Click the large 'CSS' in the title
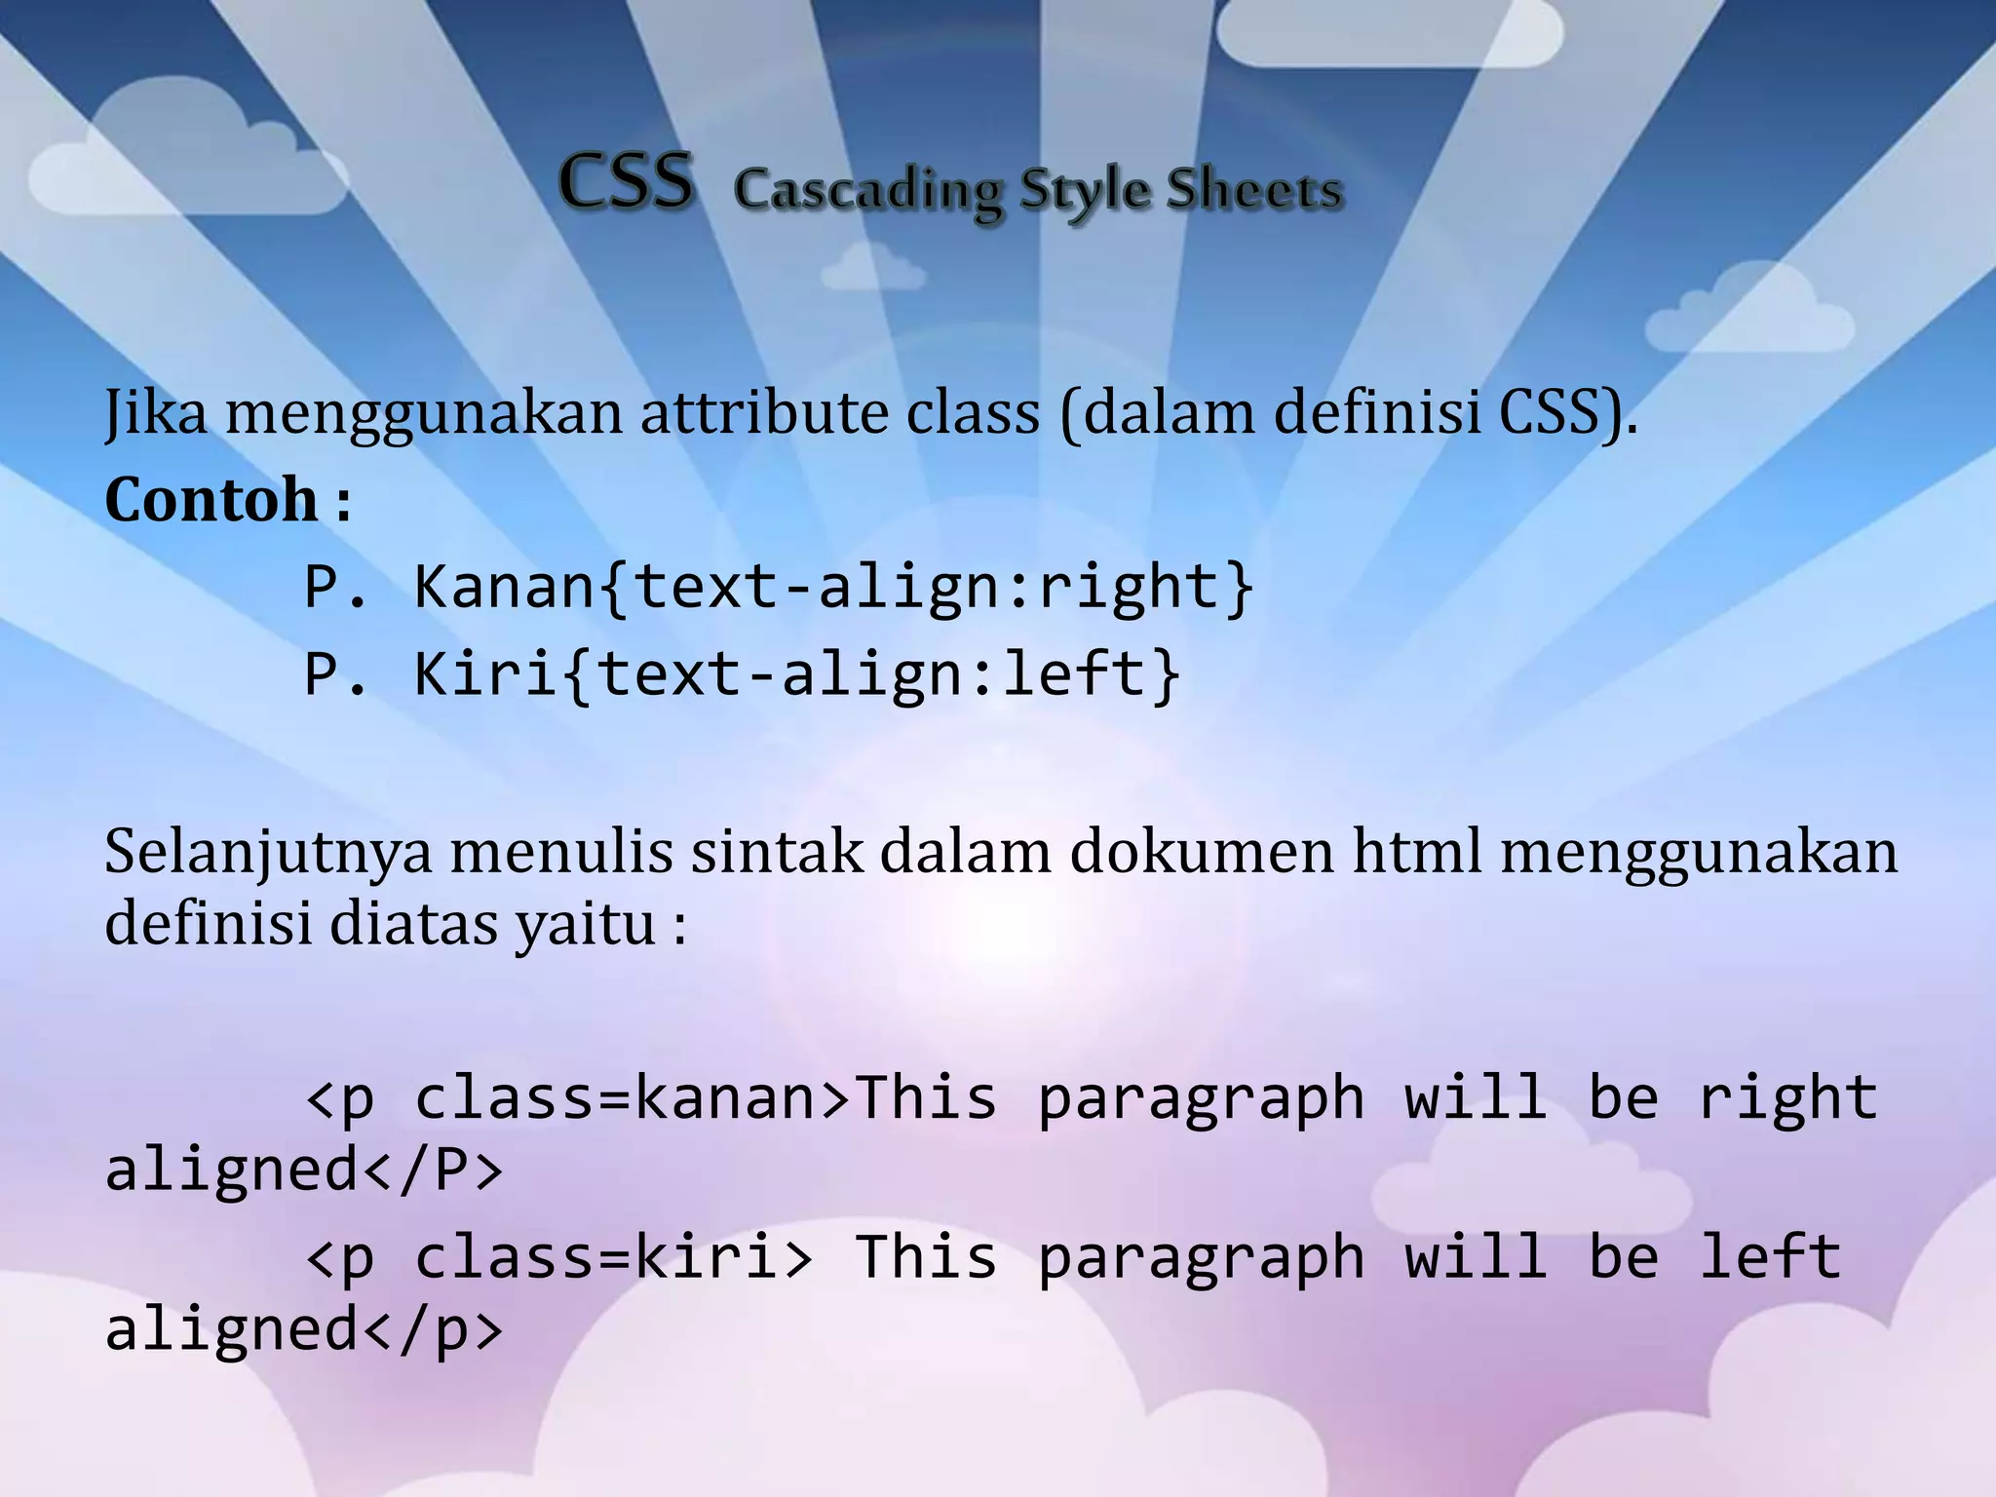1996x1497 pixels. click(627, 182)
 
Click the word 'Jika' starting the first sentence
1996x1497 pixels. click(156, 412)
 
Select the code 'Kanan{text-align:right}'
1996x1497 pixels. click(834, 588)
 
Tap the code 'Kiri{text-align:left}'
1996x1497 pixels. click(797, 674)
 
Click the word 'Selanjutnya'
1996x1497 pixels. click(268, 853)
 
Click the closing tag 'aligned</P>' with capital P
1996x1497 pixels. click(304, 1170)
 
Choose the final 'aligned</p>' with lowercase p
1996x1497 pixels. click(304, 1329)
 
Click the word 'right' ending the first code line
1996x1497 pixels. click(1787, 1098)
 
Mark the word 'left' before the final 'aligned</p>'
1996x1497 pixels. click(1770, 1257)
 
